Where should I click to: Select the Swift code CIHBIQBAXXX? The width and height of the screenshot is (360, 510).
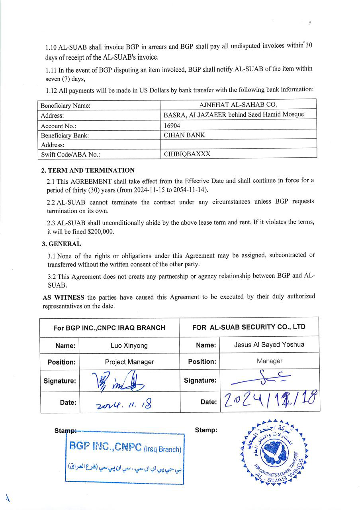click(x=187, y=154)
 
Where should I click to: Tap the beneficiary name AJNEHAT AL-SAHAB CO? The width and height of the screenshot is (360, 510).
click(x=238, y=105)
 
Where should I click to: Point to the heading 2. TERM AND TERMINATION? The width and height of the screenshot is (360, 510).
click(x=88, y=170)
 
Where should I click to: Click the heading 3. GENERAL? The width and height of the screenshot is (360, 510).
click(x=62, y=243)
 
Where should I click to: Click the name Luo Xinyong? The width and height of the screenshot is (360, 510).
click(x=129, y=345)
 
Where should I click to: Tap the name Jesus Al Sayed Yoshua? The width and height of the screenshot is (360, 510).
click(x=269, y=345)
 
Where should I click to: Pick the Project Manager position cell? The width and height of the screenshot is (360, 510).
click(x=129, y=362)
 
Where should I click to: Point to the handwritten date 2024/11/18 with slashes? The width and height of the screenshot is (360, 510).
click(x=271, y=400)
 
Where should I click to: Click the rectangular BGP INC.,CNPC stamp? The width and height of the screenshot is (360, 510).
click(x=125, y=458)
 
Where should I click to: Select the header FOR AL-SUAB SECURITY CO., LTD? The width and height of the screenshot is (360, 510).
click(x=248, y=327)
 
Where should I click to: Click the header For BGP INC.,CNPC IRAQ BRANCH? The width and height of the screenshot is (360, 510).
click(x=109, y=328)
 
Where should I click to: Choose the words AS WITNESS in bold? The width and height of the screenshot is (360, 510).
click(x=63, y=297)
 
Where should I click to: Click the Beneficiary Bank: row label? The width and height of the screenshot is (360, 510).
click(x=65, y=135)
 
